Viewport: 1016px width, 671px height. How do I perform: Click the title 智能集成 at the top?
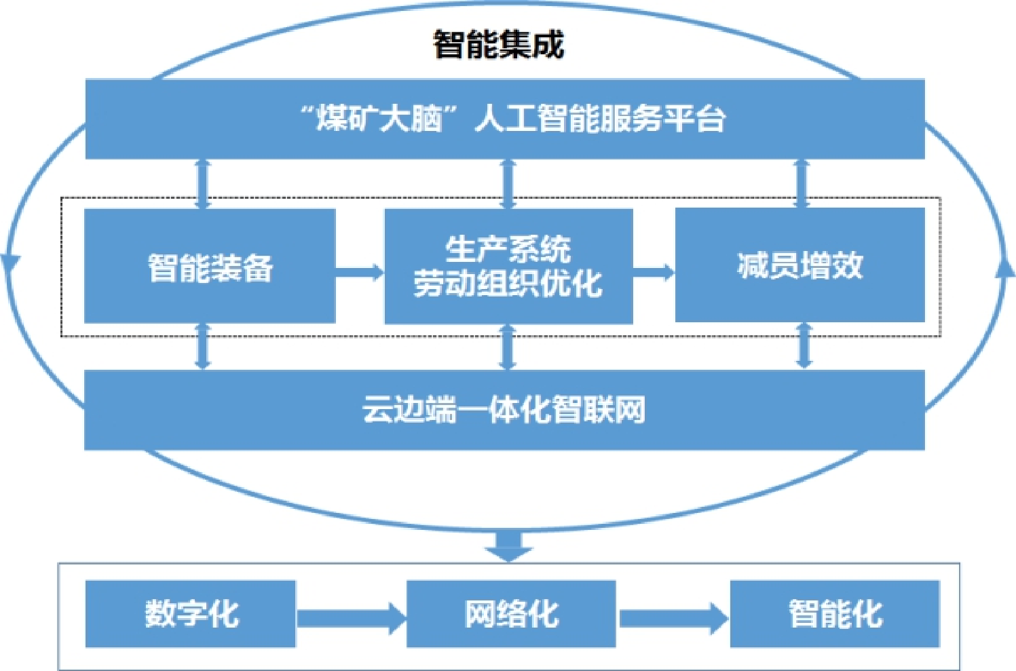(x=499, y=45)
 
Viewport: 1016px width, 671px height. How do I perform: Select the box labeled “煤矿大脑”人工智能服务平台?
(x=505, y=119)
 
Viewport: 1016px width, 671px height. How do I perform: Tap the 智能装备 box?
(x=210, y=267)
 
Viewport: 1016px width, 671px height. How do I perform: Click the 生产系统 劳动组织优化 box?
(x=508, y=267)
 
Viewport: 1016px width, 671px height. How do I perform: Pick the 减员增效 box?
(x=799, y=265)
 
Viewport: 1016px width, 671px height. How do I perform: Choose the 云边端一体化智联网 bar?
(x=504, y=410)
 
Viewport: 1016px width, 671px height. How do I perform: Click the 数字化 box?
(x=191, y=613)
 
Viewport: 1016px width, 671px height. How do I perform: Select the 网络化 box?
(x=511, y=613)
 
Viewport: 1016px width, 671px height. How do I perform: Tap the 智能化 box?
(x=835, y=613)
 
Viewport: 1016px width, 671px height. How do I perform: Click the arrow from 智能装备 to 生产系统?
(x=360, y=272)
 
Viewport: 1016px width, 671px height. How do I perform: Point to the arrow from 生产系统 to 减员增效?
(x=654, y=272)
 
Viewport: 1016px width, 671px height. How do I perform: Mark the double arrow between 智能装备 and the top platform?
(x=203, y=184)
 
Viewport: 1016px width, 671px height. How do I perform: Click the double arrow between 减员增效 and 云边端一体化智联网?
(x=804, y=346)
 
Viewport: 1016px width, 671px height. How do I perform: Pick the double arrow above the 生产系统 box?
(x=508, y=184)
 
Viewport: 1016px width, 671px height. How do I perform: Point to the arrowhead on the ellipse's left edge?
(x=10, y=261)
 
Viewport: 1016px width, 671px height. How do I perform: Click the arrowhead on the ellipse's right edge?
(x=1005, y=268)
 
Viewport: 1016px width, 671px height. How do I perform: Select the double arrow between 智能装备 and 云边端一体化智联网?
(x=202, y=346)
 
